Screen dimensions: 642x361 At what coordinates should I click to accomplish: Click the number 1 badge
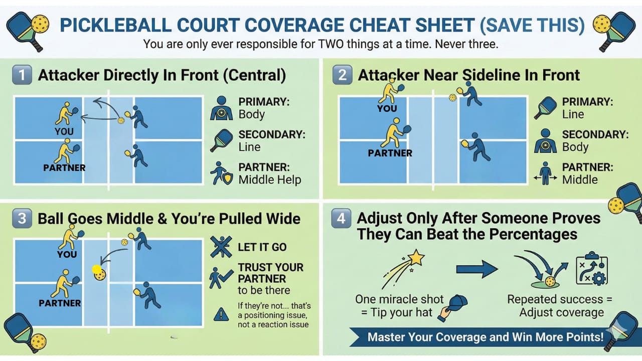(x=22, y=75)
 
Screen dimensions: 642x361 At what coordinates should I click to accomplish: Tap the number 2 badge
(x=342, y=75)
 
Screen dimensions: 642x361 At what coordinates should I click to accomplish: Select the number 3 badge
(x=22, y=219)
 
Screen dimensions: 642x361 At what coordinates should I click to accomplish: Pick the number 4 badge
(x=341, y=218)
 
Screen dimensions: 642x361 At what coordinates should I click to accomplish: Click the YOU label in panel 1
(x=64, y=131)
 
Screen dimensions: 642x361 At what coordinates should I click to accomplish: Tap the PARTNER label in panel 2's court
(x=390, y=153)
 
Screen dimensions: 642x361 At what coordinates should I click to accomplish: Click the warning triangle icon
(x=221, y=314)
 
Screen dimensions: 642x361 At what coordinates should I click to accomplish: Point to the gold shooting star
(x=416, y=257)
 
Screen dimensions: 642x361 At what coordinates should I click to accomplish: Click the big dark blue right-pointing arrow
(x=477, y=269)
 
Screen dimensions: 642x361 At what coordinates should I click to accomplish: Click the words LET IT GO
(x=262, y=247)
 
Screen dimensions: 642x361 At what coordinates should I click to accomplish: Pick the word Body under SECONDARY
(x=575, y=147)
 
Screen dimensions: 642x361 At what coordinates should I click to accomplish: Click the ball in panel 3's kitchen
(x=99, y=274)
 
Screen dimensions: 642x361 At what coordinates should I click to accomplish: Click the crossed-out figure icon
(x=221, y=247)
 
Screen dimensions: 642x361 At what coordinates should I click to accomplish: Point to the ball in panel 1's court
(x=121, y=121)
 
